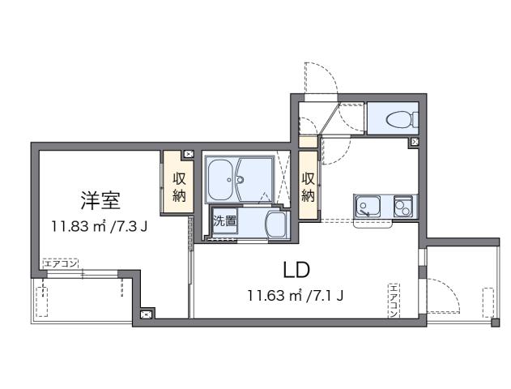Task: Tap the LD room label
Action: [x=296, y=270]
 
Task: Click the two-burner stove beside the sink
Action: [x=402, y=207]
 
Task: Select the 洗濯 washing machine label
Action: [x=225, y=221]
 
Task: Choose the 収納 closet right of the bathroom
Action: [x=308, y=186]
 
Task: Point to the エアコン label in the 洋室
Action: [x=60, y=263]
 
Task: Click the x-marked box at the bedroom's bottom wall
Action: [x=146, y=314]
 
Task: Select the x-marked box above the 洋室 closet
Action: [x=188, y=153]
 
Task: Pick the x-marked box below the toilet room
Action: [x=415, y=142]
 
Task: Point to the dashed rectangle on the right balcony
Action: [x=488, y=304]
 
